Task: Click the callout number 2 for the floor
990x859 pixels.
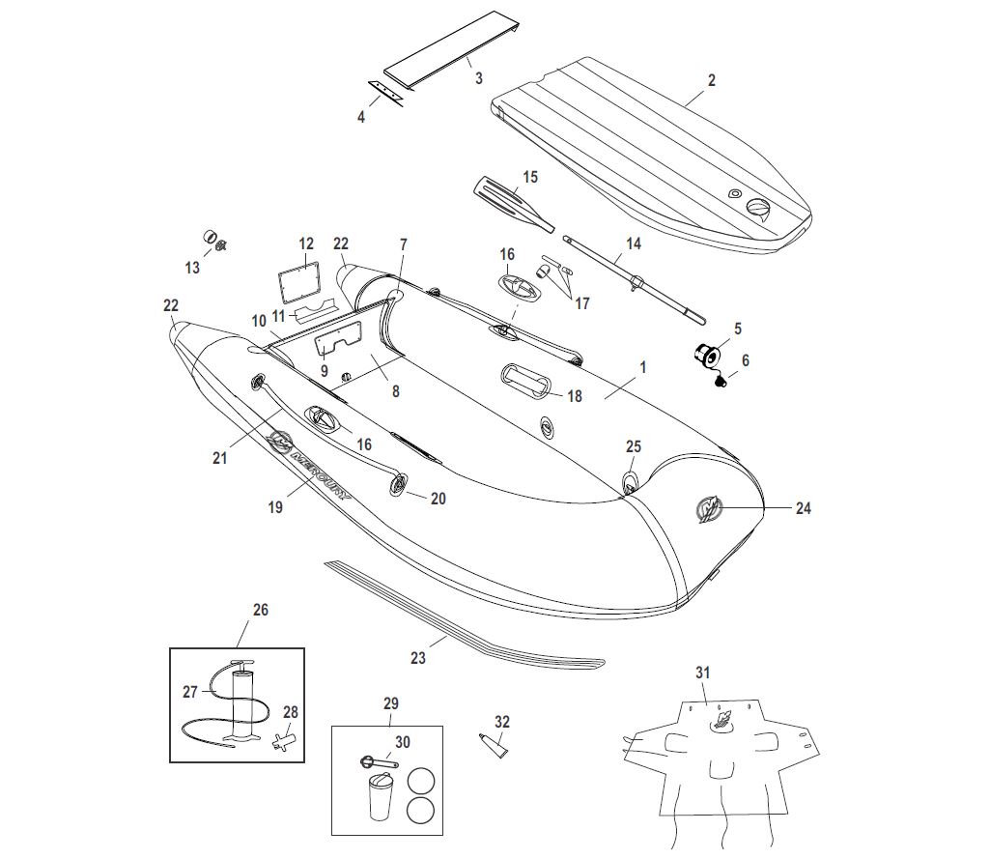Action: [x=712, y=81]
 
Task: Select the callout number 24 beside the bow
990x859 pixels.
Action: [x=804, y=508]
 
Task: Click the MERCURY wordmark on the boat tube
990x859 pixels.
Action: [x=319, y=473]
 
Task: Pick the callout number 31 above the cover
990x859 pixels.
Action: [x=702, y=672]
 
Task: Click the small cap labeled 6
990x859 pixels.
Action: [x=720, y=383]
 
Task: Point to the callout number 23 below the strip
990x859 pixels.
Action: [x=417, y=658]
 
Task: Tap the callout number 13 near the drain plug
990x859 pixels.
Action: [x=192, y=268]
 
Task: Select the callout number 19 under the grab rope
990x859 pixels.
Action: [x=276, y=507]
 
